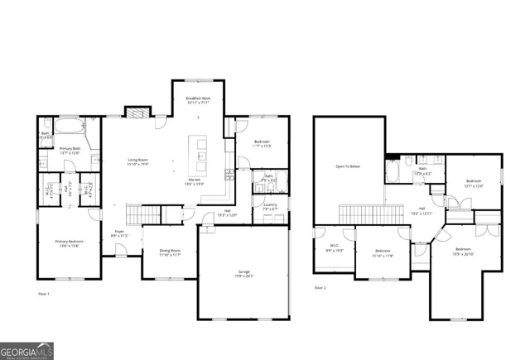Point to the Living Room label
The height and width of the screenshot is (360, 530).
[137, 162]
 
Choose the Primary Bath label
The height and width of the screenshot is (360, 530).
[70, 151]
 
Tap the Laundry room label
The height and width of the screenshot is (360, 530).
[270, 207]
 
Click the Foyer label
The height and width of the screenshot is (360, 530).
[119, 234]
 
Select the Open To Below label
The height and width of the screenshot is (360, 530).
[348, 166]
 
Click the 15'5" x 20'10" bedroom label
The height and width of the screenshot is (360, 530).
[463, 251]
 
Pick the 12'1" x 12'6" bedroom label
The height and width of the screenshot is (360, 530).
[474, 183]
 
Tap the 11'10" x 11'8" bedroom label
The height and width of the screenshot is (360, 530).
[383, 252]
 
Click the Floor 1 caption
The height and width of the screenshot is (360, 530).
[44, 294]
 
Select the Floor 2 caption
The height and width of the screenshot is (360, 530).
[320, 288]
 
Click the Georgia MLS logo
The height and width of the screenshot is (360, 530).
[26, 352]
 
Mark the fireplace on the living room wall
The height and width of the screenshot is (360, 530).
[134, 113]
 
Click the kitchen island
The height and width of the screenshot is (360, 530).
[199, 149]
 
